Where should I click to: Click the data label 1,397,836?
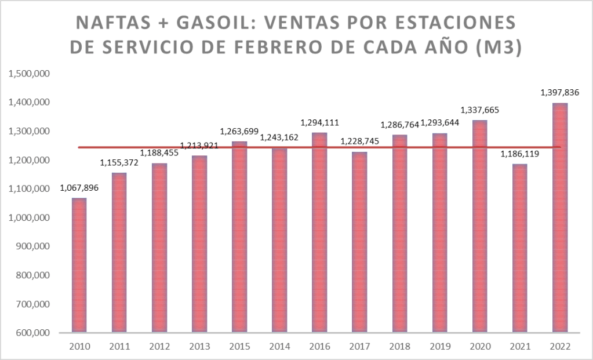(x=560, y=92)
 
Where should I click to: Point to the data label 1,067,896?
(x=79, y=188)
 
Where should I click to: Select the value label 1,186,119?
(x=520, y=154)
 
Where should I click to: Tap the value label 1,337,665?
(x=479, y=110)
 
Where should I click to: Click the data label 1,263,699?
(x=239, y=131)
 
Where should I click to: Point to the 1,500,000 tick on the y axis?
(x=29, y=74)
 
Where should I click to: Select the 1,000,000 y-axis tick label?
(x=29, y=218)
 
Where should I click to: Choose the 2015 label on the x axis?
(x=239, y=347)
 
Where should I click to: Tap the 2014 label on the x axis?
(x=279, y=347)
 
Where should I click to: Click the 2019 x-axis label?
(x=439, y=347)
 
